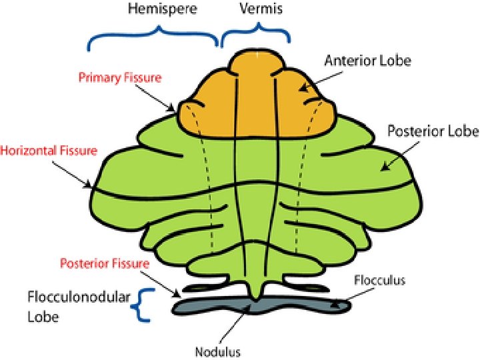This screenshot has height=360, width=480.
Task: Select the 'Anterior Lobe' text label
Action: click(x=368, y=61)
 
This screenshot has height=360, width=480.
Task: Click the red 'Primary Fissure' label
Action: click(x=120, y=78)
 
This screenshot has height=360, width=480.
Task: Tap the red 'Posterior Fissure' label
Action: click(x=113, y=263)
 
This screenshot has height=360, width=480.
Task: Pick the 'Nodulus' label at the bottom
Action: click(x=217, y=351)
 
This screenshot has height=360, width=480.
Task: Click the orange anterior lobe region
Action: click(x=257, y=100)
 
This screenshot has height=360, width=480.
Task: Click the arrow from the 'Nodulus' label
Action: click(x=236, y=326)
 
